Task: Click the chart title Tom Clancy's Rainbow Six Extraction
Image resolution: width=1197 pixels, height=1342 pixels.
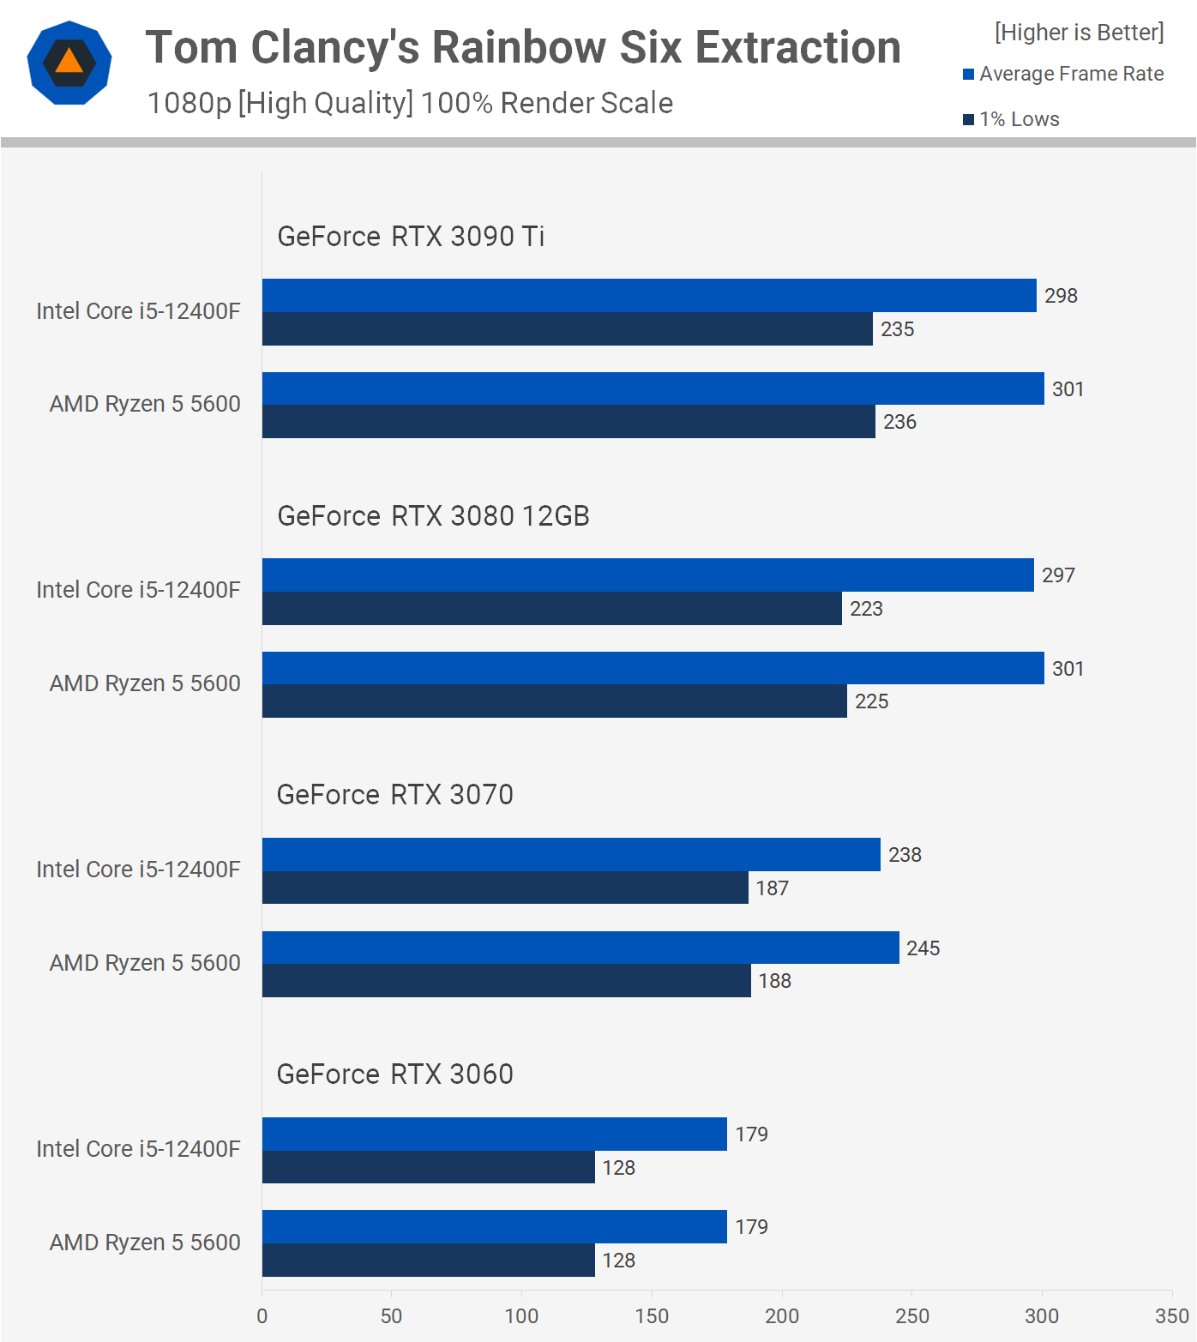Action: tap(523, 47)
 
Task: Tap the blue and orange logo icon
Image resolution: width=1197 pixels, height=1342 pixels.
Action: tap(69, 63)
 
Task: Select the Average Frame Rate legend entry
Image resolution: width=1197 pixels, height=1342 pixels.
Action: tap(1063, 74)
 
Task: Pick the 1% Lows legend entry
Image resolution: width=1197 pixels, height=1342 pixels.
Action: tap(1011, 119)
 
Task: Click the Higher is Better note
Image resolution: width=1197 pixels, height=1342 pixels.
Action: tap(1080, 33)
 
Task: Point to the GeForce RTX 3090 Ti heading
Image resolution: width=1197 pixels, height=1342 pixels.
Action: tap(411, 236)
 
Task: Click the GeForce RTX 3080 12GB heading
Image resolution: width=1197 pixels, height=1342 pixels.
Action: tap(433, 515)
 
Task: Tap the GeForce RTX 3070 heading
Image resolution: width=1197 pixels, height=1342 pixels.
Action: tap(394, 795)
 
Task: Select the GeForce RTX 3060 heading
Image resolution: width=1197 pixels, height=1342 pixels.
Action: tap(394, 1074)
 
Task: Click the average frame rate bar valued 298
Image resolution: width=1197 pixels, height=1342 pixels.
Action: tap(649, 295)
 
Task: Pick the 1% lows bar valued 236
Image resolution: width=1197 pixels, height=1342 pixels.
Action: tap(568, 422)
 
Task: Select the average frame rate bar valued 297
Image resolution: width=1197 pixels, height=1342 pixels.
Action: tap(648, 575)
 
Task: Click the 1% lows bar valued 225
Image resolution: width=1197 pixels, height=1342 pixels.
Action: tap(555, 701)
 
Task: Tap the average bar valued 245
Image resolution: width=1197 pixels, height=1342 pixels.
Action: tap(580, 948)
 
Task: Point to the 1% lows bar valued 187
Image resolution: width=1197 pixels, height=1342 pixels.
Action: tap(505, 888)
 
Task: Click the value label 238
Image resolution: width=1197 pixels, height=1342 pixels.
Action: tap(905, 855)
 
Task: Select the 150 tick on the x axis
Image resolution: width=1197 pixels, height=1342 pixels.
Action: tap(652, 1316)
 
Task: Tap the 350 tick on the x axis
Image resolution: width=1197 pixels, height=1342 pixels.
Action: tap(1172, 1316)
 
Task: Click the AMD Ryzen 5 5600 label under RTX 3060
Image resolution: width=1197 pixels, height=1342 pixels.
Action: tap(145, 1243)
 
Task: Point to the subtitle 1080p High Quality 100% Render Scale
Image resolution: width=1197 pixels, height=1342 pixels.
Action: tap(410, 103)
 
